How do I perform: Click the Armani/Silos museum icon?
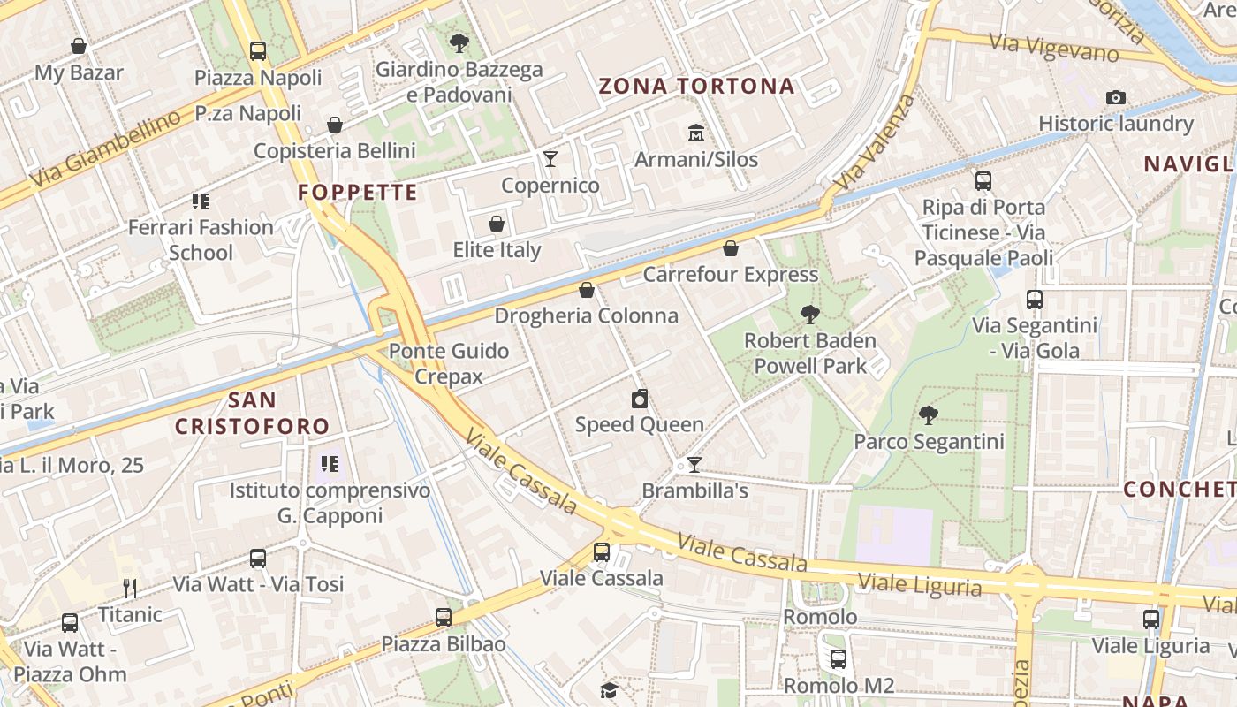click(x=696, y=133)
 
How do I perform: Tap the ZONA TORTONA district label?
click(x=697, y=86)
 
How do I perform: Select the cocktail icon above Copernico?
click(x=550, y=159)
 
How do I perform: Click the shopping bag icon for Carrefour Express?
click(x=730, y=248)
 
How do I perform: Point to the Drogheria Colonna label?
click(x=586, y=315)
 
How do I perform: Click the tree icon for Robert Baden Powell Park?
click(x=809, y=314)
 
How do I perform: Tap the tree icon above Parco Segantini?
click(x=928, y=414)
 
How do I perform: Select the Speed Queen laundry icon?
click(x=640, y=399)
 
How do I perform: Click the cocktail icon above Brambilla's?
click(x=694, y=465)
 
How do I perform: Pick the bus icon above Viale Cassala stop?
click(x=602, y=552)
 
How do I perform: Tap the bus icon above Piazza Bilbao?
click(x=444, y=618)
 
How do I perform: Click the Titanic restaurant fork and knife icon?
click(x=130, y=588)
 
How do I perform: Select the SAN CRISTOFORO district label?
click(x=252, y=414)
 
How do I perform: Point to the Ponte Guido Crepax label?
click(x=449, y=363)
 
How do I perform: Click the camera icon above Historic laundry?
click(x=1116, y=97)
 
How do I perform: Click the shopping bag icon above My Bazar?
click(x=79, y=46)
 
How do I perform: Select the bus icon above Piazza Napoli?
click(x=258, y=51)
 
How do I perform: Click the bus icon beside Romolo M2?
click(x=838, y=658)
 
